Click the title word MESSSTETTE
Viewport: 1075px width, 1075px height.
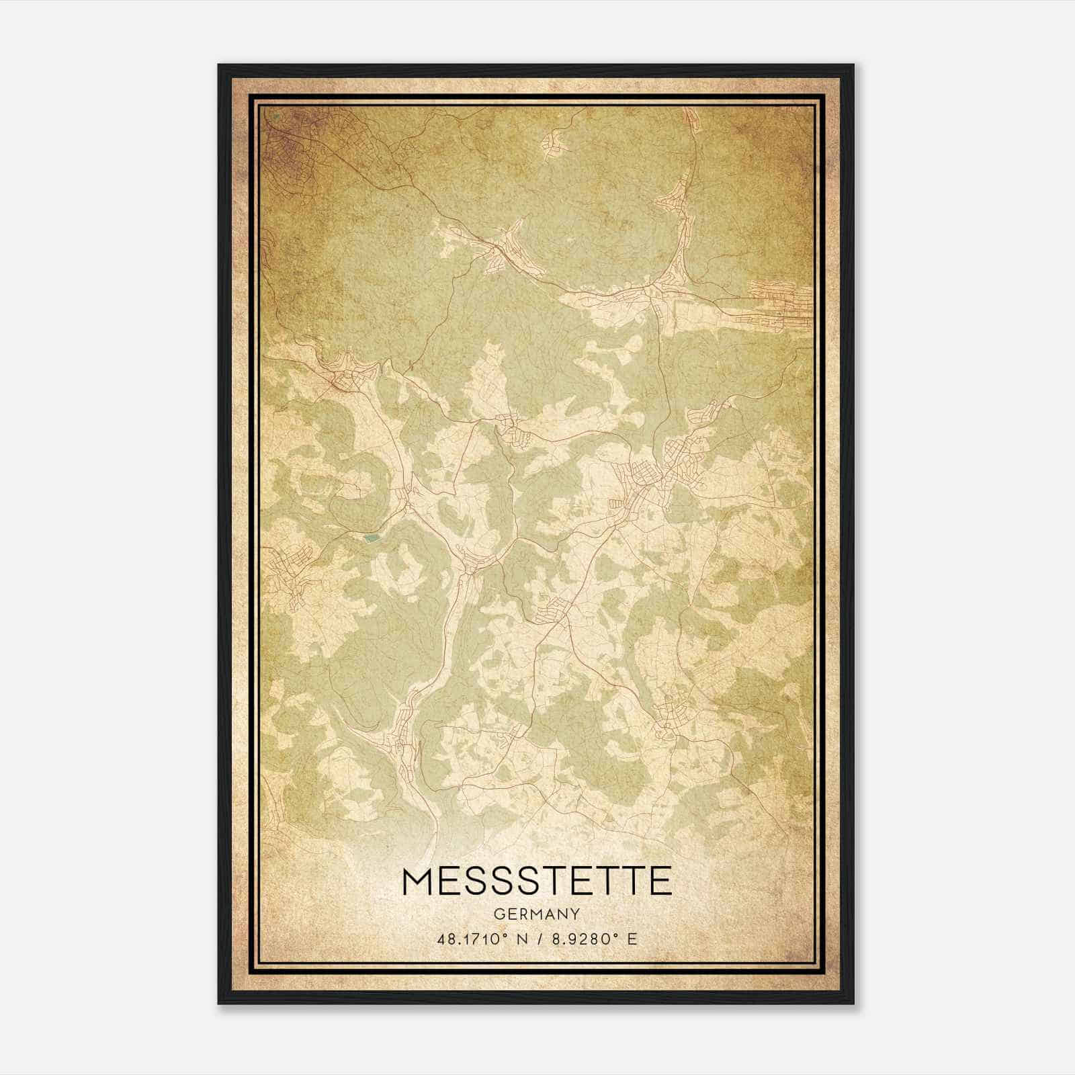(x=536, y=881)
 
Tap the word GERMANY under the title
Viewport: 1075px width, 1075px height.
(x=536, y=914)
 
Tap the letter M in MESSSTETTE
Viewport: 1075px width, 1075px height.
(x=418, y=881)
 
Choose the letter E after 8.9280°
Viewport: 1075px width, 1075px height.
(x=632, y=939)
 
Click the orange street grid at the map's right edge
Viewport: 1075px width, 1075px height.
(x=779, y=306)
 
